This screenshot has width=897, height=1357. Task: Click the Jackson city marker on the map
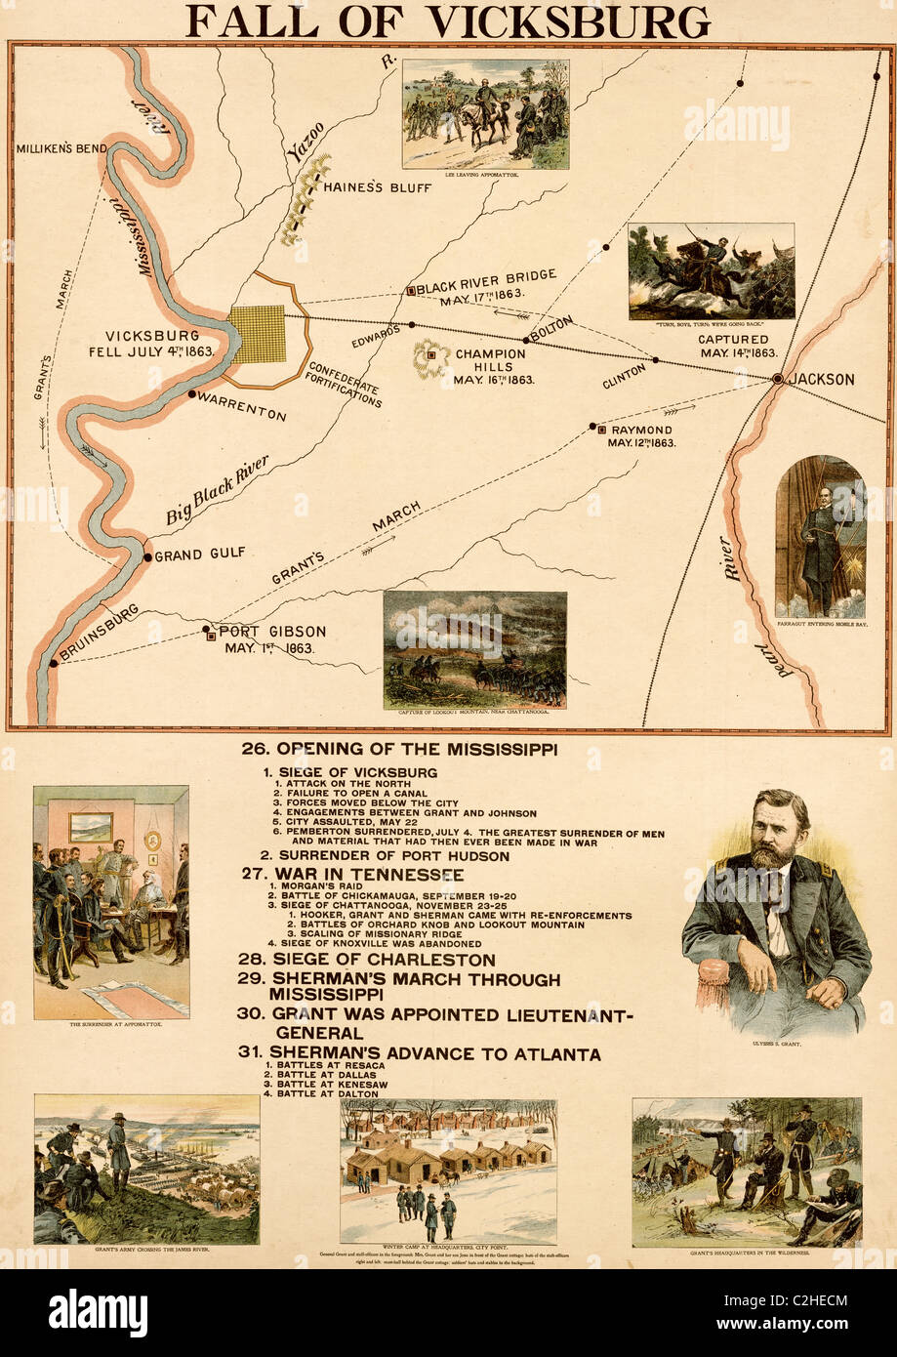[x=778, y=378]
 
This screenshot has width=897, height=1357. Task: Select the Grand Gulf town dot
[x=147, y=557]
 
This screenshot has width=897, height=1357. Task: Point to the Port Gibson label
[x=271, y=632]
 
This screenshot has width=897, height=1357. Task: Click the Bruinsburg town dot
[x=52, y=664]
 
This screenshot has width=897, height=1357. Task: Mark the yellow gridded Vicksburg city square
[x=259, y=334]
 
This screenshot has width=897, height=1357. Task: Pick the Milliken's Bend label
[x=61, y=148]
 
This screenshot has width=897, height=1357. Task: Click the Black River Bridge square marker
[x=412, y=290]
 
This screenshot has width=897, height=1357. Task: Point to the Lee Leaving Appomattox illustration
[x=485, y=113]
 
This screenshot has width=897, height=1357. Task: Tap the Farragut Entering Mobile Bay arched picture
[x=820, y=537]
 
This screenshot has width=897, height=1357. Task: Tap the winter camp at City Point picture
[x=448, y=1171]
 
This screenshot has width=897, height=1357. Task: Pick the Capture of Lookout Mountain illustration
[x=474, y=649]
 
